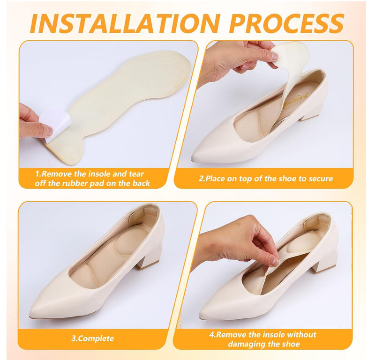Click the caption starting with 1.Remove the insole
92,178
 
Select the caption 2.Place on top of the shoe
265,178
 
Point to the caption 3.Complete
92,338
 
